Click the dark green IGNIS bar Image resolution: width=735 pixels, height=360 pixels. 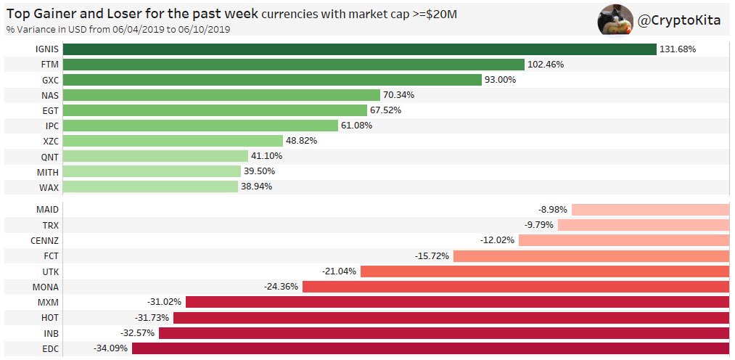point(359,49)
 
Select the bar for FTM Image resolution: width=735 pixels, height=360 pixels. point(293,64)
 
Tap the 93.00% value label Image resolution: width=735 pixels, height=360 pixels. point(500,80)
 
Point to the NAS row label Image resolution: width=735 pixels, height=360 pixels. point(50,95)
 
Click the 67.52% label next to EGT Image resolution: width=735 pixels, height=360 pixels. point(385,110)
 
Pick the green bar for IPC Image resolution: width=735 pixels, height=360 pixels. point(200,126)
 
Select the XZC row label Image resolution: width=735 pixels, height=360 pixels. point(50,141)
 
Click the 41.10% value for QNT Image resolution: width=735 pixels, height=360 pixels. point(266,156)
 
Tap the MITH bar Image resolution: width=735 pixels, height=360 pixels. point(152,171)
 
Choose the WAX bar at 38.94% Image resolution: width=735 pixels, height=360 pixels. point(150,187)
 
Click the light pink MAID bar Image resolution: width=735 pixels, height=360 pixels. point(650,210)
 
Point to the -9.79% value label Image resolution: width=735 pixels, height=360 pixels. point(538,225)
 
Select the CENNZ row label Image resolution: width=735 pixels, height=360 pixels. point(45,240)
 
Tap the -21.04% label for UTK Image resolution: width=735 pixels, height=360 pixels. point(340,271)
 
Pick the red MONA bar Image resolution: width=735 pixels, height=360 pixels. point(515,287)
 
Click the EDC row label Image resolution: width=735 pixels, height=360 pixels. point(50,348)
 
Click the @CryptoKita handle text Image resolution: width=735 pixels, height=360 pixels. point(679,21)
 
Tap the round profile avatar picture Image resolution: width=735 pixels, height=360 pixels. point(615,20)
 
